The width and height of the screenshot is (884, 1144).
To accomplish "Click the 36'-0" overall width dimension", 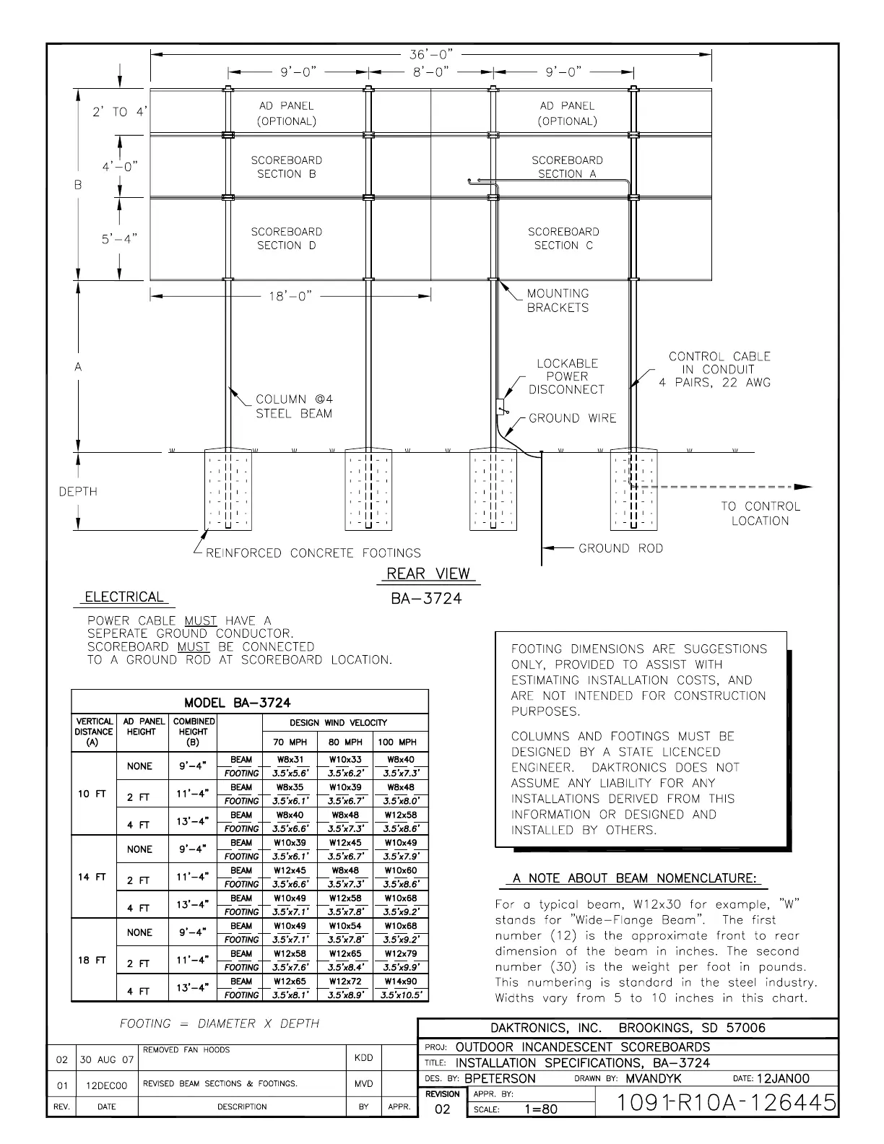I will (430, 55).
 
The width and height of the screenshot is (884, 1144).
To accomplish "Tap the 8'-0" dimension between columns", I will (430, 72).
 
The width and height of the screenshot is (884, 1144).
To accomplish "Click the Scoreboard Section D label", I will (287, 238).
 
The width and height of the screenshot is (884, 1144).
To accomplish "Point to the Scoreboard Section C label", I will (563, 238).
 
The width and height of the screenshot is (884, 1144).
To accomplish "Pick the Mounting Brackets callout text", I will (558, 300).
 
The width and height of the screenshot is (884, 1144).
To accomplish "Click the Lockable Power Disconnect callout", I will (567, 376).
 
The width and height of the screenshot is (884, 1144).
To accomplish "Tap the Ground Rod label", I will (620, 548).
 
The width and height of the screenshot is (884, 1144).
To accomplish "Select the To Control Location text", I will (760, 513).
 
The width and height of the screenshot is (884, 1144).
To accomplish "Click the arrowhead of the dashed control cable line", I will (803, 487).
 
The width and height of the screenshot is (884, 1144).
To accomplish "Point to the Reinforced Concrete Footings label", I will (313, 553).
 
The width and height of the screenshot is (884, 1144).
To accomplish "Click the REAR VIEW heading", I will (428, 574).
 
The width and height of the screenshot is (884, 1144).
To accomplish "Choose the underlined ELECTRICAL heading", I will (124, 597).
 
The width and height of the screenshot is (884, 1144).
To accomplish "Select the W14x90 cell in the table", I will (401, 981).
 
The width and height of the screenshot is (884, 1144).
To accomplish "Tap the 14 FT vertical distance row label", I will (92, 877).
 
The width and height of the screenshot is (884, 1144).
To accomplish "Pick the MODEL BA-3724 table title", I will (238, 703).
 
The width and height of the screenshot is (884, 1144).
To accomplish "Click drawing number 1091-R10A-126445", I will (727, 1103).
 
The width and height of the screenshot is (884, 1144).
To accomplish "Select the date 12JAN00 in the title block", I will (783, 1078).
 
